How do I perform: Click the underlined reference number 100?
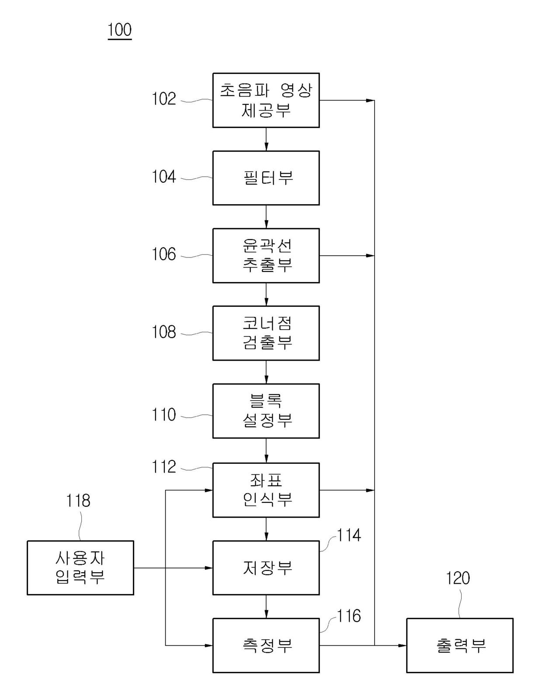tap(119, 30)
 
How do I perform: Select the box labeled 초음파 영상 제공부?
tap(266, 100)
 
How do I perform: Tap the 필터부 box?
tap(266, 178)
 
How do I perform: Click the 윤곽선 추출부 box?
tap(266, 255)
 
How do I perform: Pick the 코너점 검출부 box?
tap(266, 333)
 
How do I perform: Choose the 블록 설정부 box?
tap(266, 411)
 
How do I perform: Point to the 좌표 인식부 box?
tap(266, 490)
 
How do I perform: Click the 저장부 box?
tap(266, 567)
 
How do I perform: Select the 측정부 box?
tap(266, 645)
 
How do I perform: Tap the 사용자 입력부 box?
tap(80, 567)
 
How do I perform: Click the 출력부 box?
tap(459, 645)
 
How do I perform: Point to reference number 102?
tap(164, 99)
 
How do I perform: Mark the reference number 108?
tap(164, 332)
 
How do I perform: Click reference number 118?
tap(78, 501)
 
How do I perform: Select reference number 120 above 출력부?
tap(458, 578)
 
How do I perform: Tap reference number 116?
tap(349, 616)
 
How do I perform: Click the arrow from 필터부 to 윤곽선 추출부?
tap(266, 216)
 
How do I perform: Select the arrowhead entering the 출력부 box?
tap(402, 645)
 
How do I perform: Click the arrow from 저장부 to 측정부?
tap(266, 606)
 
